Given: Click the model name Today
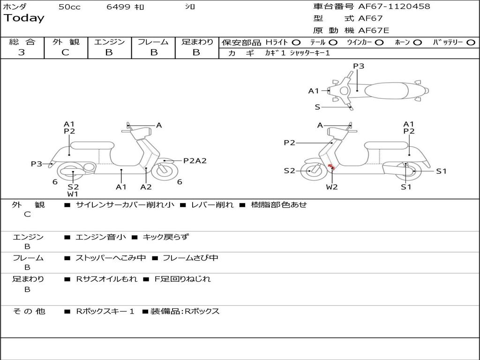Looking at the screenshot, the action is [x=24, y=18].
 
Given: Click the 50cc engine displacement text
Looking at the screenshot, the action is [x=69, y=7].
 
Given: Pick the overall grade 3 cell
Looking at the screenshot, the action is [x=22, y=52].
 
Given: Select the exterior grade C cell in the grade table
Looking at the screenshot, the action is [x=66, y=52].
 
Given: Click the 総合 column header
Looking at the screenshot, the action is [x=22, y=42].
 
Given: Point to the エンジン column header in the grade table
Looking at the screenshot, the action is [x=109, y=42].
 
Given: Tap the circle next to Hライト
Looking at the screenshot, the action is [x=296, y=43].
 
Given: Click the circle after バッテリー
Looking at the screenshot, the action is [x=471, y=43].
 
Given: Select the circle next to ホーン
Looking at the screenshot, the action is [x=417, y=43].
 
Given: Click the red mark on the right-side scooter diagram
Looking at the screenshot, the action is [x=331, y=167].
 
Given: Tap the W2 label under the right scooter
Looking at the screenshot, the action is [x=332, y=187].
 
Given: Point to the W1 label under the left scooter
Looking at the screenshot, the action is [x=73, y=194].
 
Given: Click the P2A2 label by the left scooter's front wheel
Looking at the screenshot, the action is [x=195, y=161].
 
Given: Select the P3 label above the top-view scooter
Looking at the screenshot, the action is [x=359, y=66].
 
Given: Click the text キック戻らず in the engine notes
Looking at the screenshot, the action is [x=165, y=237].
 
